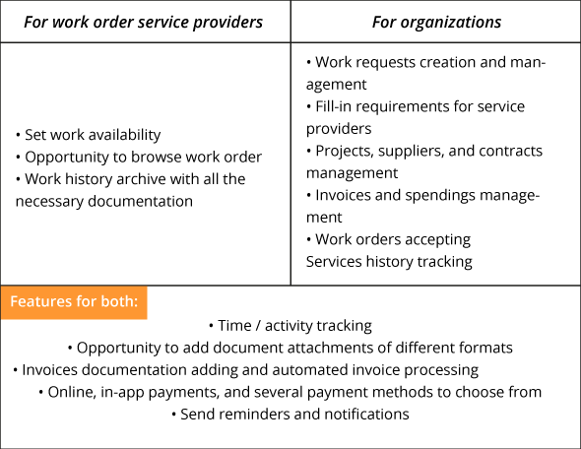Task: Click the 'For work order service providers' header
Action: (x=143, y=22)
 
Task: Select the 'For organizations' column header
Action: (x=436, y=22)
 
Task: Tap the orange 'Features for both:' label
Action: (x=74, y=301)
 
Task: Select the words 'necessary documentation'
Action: (x=104, y=202)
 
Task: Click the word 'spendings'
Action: (x=440, y=196)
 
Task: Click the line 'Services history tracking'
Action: (x=389, y=262)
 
